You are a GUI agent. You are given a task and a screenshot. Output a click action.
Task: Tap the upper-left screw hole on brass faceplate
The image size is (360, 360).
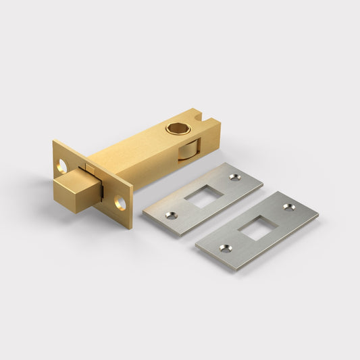pos(63,163)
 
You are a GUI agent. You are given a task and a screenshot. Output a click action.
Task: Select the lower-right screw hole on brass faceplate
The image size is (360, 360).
pos(120,202)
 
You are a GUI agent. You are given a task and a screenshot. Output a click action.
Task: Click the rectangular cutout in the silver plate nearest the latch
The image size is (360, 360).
pos(203,196)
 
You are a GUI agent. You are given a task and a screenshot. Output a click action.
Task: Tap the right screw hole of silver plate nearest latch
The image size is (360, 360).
pos(234,177)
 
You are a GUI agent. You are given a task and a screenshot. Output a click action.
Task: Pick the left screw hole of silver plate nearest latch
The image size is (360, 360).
pos(172,215)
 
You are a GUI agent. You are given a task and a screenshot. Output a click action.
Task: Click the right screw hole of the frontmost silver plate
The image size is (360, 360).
pos(288,207)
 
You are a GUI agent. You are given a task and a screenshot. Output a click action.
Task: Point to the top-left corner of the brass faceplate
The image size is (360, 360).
pos(53,141)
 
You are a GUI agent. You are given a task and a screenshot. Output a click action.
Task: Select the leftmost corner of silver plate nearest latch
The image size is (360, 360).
pos(143,215)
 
